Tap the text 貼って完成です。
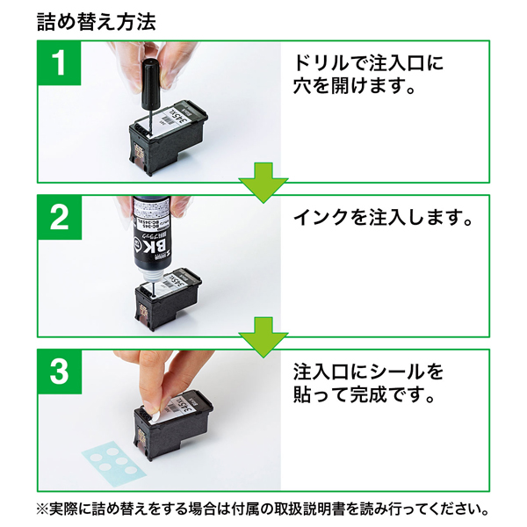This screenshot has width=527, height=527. point(364,396)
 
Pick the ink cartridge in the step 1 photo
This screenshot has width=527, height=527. point(167,136)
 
